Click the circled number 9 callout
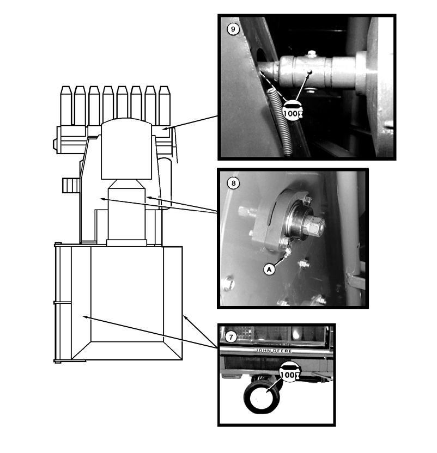[x=233, y=29]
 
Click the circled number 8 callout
[x=233, y=183]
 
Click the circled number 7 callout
[x=231, y=337]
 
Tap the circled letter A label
[x=269, y=270]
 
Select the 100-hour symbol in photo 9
[x=292, y=111]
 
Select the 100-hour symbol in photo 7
[x=290, y=372]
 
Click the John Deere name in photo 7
[x=274, y=351]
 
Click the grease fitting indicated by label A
[x=288, y=253]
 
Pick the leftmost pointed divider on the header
[x=65, y=106]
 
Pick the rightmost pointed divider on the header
[x=165, y=106]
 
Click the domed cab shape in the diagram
[x=126, y=149]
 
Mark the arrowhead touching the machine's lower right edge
[x=185, y=318]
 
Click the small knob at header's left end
[x=54, y=144]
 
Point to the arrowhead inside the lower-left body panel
[x=86, y=317]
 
